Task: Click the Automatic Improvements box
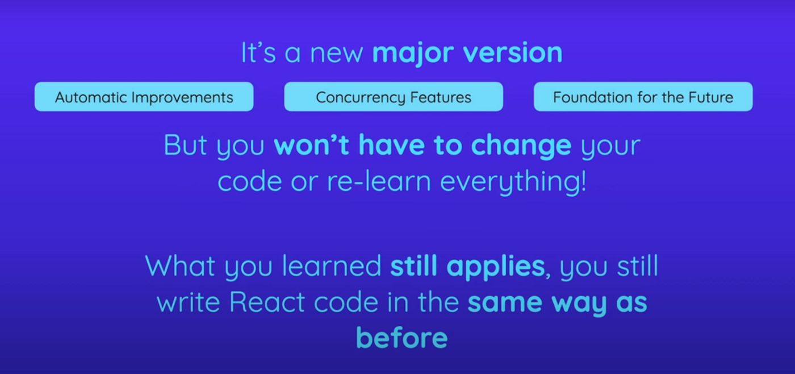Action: click(x=144, y=97)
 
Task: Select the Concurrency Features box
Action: click(x=394, y=97)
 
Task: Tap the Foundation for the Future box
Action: click(x=643, y=97)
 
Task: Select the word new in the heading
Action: click(x=337, y=53)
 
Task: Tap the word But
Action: click(x=186, y=146)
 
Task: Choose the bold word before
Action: click(x=401, y=339)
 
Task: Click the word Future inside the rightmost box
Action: click(x=710, y=97)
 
